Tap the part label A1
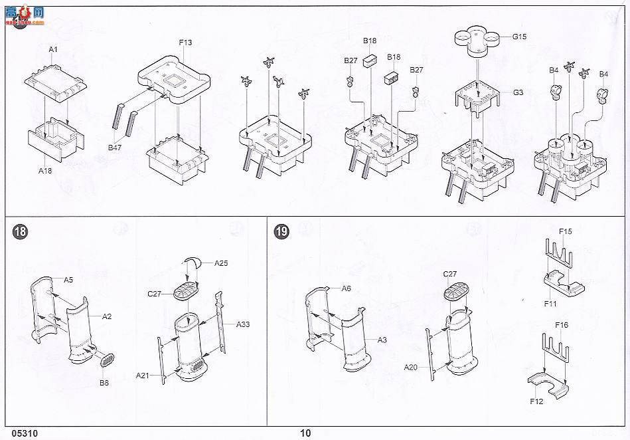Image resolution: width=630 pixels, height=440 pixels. click(54, 50)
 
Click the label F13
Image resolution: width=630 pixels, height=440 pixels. click(186, 43)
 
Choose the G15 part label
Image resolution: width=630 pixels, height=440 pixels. click(519, 37)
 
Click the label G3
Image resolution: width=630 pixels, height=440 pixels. click(518, 92)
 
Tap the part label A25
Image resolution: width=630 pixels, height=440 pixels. click(221, 263)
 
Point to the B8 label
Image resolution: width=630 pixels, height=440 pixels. click(104, 383)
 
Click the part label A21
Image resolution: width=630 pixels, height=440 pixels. click(143, 376)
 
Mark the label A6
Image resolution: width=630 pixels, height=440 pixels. click(346, 288)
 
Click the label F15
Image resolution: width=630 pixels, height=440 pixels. click(565, 231)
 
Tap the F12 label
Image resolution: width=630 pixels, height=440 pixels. click(537, 401)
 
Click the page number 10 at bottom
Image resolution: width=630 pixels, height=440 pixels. click(305, 433)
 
